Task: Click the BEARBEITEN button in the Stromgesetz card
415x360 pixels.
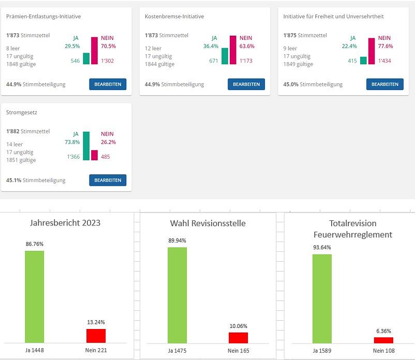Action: coord(108,180)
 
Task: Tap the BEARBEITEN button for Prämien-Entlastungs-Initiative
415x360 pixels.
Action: coord(108,84)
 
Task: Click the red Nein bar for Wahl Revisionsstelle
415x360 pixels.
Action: coord(238,337)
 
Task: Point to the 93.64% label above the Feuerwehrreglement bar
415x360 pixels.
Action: coord(322,247)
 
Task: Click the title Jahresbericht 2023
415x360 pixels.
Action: coord(66,223)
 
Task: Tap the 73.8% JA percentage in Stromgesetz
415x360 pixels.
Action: coord(72,142)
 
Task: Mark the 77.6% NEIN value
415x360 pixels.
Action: coord(386,46)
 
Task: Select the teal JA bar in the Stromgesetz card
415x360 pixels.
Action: coord(86,146)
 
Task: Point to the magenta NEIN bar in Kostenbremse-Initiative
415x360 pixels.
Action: coord(233,50)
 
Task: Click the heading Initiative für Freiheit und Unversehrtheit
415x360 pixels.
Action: coord(333,17)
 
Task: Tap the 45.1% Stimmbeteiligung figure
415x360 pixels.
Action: coord(13,180)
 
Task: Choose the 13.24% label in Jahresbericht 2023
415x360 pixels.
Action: coord(96,322)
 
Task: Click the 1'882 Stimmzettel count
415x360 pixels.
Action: coord(14,131)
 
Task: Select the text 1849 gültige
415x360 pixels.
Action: coord(298,64)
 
